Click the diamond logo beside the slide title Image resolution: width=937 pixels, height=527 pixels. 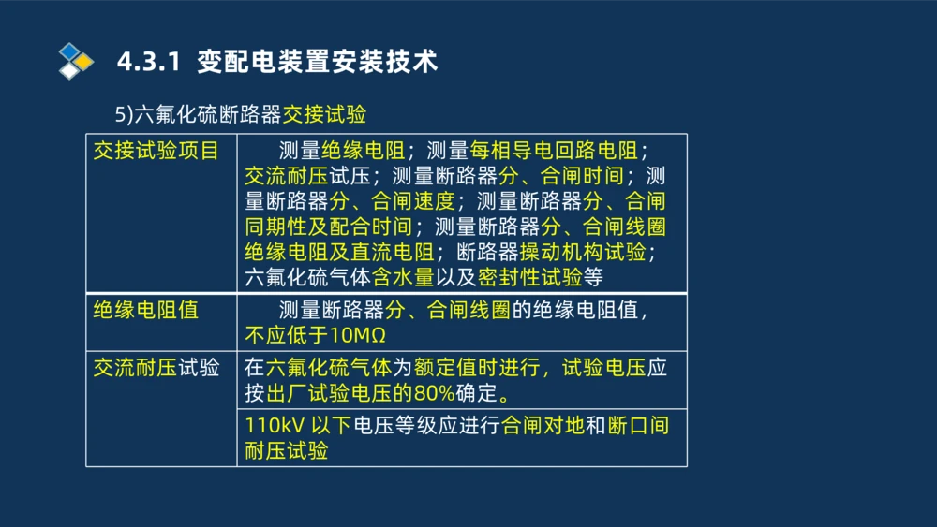[76, 61]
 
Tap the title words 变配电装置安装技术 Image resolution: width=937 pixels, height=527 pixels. [319, 62]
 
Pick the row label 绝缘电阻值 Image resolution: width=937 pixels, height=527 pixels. [145, 310]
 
